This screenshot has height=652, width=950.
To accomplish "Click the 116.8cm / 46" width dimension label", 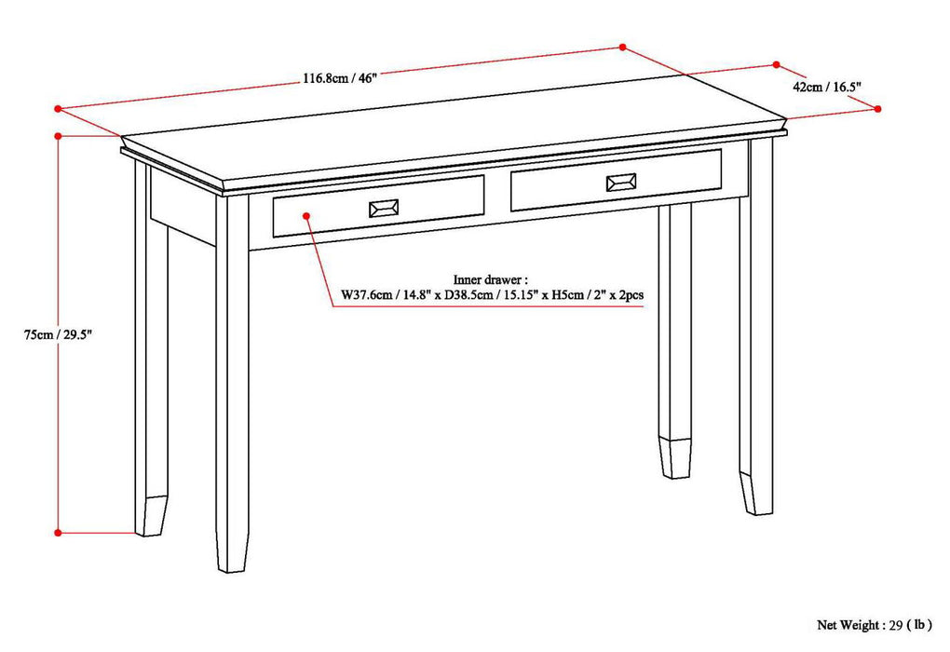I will tap(338, 78).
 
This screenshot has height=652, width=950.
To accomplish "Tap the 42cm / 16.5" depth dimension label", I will tap(827, 87).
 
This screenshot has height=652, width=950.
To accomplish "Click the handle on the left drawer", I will tap(383, 209).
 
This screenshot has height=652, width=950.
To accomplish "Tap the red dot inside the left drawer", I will tap(305, 216).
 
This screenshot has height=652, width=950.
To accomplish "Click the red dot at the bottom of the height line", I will tap(58, 533).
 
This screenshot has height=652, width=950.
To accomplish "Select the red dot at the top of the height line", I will tap(58, 136).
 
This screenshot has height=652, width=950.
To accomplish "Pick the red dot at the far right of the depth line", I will tap(877, 109).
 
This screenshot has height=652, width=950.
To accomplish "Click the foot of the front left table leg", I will tap(232, 554).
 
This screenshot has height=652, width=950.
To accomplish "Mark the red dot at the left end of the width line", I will tap(57, 108).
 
